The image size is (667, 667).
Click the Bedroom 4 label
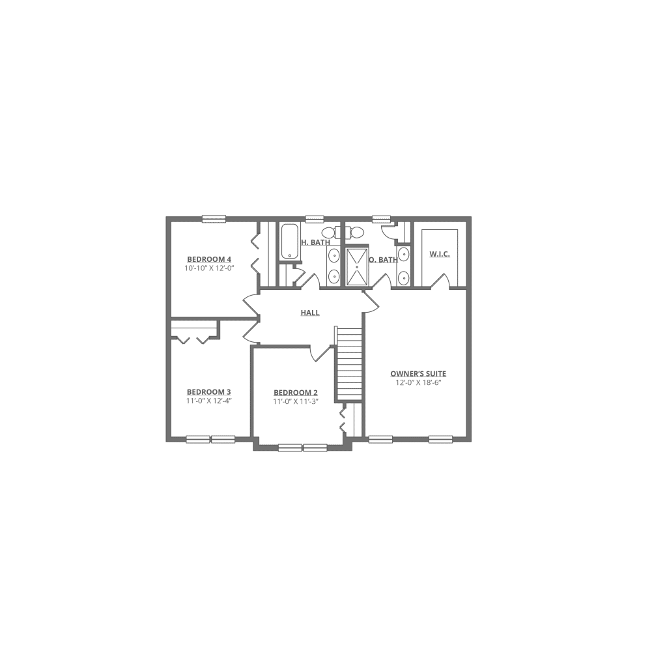point(209,258)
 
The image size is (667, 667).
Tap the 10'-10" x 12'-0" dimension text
point(209,267)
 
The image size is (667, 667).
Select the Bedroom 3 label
point(209,392)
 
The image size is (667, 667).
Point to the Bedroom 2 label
point(295,393)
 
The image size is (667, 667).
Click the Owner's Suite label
point(419,375)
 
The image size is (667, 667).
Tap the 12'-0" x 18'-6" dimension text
point(419,383)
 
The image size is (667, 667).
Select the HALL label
point(310,313)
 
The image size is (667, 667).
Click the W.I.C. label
point(440,255)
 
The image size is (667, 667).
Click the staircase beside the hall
point(349,365)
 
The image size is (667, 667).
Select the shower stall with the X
point(356,266)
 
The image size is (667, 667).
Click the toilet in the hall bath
point(330,232)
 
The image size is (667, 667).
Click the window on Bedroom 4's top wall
point(214,219)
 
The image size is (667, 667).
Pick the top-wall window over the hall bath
point(315,219)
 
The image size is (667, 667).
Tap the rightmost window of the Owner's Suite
point(440,440)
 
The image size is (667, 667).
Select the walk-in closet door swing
point(440,280)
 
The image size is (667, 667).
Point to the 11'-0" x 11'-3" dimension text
point(295,402)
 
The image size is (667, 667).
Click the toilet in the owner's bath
point(354,233)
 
